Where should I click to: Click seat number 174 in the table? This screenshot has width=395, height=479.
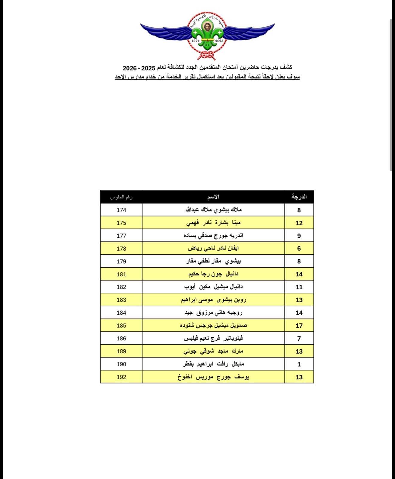coord(121,210)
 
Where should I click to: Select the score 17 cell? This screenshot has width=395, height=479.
coord(299,326)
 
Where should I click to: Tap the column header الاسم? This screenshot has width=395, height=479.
coord(213,197)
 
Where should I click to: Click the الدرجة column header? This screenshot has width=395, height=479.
coord(299,197)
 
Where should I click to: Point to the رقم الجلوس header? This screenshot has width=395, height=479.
coord(121,197)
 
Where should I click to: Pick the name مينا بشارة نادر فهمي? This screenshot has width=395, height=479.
coord(213,223)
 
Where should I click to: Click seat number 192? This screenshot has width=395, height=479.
coord(121,377)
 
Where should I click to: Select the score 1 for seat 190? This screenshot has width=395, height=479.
coord(299,364)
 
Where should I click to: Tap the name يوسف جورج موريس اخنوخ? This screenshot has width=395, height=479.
coord(213,377)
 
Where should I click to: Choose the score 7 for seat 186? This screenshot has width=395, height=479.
coord(299,339)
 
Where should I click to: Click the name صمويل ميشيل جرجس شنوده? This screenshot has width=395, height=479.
coord(213,325)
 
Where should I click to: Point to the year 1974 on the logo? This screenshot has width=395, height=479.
coord(195,41)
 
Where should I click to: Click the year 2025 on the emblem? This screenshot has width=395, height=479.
coord(219,41)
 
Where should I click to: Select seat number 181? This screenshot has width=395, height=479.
coord(121,274)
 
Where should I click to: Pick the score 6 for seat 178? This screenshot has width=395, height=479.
coord(299,248)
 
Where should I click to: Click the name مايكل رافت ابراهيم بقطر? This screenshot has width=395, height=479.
coord(213,364)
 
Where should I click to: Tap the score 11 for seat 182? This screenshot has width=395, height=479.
coord(299,287)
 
